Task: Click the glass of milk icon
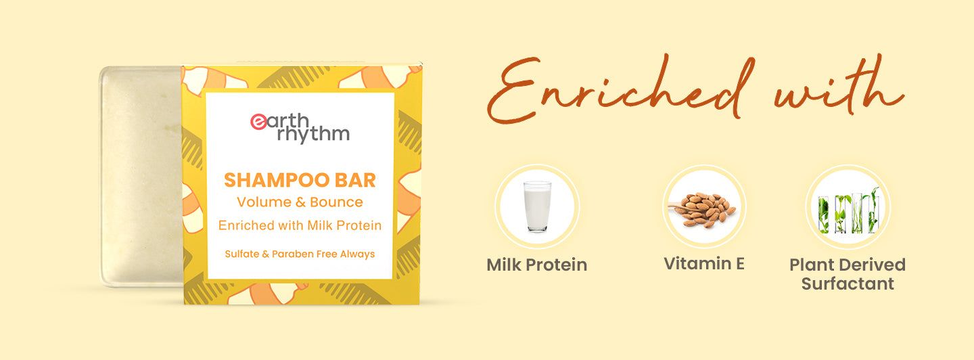[537, 206]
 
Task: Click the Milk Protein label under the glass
[536, 265]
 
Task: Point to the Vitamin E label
[704, 263]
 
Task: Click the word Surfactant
[848, 284]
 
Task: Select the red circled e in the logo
[258, 121]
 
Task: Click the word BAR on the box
[356, 180]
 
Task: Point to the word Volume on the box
[258, 202]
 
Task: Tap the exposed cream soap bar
[141, 176]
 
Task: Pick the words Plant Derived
[848, 265]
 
